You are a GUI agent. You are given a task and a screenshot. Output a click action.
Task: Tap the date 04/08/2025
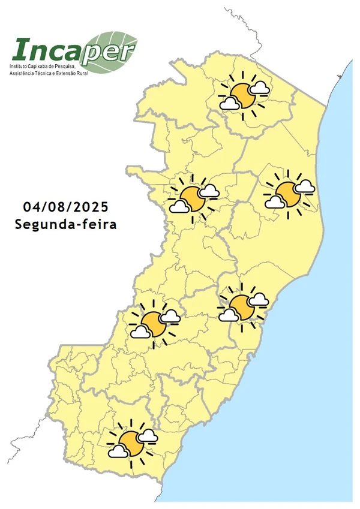point(66,207)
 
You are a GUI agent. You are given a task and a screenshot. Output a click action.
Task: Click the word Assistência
point(22,73)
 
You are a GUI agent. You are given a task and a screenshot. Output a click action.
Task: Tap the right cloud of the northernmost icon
point(259,88)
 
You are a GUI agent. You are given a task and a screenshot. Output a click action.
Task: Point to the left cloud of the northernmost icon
point(229,104)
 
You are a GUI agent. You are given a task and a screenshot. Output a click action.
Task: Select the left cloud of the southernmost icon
point(118,452)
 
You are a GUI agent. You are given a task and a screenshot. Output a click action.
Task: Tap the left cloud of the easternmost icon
point(275,202)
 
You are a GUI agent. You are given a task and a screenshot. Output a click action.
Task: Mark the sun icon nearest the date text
point(192,198)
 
